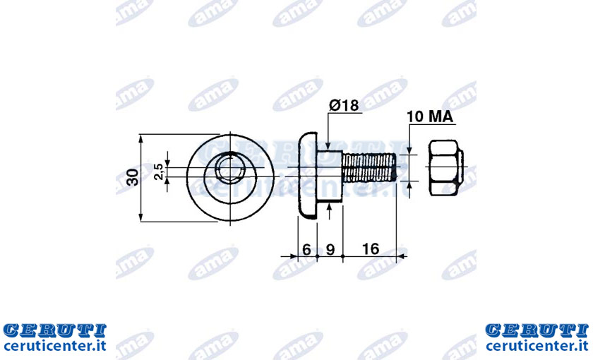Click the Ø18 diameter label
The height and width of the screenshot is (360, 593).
pyautogui.click(x=344, y=104)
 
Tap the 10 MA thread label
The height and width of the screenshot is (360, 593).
pyautogui.click(x=430, y=116)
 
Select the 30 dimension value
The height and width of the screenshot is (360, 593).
pyautogui.click(x=133, y=177)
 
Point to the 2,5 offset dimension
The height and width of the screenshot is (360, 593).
pyautogui.click(x=159, y=172)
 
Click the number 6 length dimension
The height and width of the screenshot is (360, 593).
pyautogui.click(x=306, y=250)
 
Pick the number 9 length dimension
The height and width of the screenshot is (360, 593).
pyautogui.click(x=330, y=250)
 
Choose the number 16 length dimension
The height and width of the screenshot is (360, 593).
pyautogui.click(x=370, y=248)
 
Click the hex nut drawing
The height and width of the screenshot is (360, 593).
pyautogui.click(x=446, y=167)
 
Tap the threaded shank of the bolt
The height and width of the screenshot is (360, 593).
pyautogui.click(x=369, y=167)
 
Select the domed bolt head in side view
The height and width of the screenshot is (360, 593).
pyautogui.click(x=307, y=176)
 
